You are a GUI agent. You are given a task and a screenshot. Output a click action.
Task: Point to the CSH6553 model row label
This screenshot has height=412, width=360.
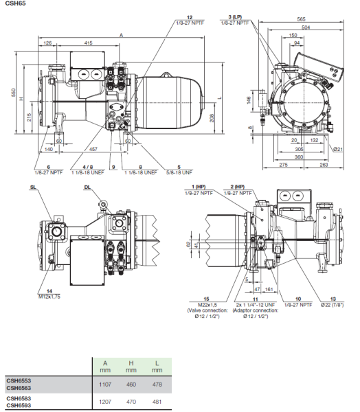click(x=19, y=379)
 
